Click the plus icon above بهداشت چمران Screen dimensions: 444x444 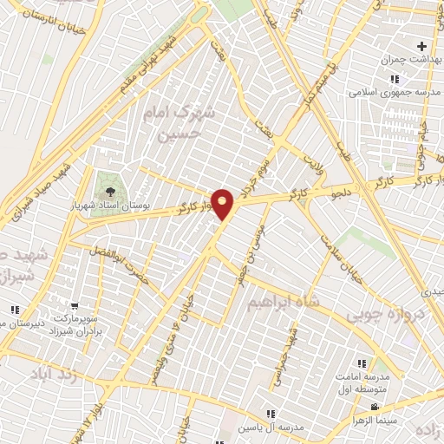point(421,46)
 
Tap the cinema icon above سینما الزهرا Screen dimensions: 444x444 point(375,407)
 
